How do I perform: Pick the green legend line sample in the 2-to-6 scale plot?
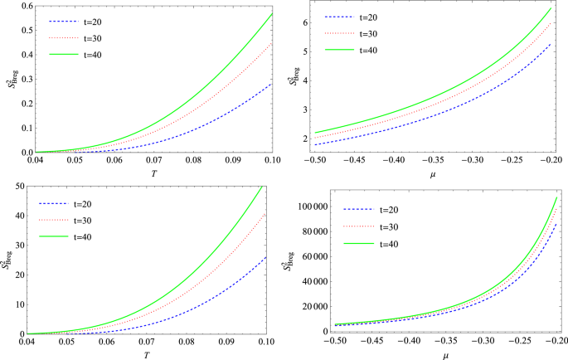coord(346,50)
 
